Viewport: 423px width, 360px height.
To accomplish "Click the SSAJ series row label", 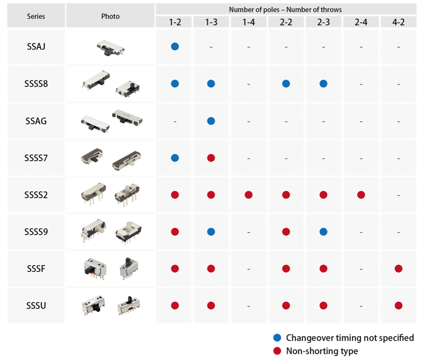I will click(36, 47).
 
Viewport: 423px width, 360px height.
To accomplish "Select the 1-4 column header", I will click(248, 22).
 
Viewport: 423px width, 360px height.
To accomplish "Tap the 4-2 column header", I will click(398, 22).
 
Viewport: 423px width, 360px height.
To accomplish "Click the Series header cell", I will click(36, 16).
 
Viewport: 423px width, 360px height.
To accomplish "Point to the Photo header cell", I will click(110, 16).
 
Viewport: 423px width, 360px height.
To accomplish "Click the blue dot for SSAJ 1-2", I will click(175, 47).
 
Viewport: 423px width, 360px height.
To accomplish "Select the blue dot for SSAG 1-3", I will click(211, 121).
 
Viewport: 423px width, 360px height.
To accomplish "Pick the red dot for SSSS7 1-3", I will click(211, 158).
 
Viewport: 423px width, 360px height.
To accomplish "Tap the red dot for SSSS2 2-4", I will click(361, 195).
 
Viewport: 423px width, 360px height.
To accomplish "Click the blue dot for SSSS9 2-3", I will click(323, 232).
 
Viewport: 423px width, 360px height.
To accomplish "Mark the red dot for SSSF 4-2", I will click(398, 269).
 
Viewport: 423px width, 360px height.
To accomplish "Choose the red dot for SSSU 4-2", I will click(398, 306).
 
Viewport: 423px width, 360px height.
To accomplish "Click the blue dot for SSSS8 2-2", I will click(286, 84).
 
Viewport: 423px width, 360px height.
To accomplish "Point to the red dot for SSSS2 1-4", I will click(248, 195).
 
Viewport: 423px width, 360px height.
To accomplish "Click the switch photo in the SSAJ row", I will click(110, 47).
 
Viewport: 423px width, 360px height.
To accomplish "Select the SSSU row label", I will click(36, 306).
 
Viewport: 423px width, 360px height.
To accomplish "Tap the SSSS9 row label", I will click(36, 232).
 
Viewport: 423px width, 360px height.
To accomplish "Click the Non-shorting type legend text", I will click(322, 351).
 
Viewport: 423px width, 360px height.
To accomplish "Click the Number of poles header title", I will click(285, 10).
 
